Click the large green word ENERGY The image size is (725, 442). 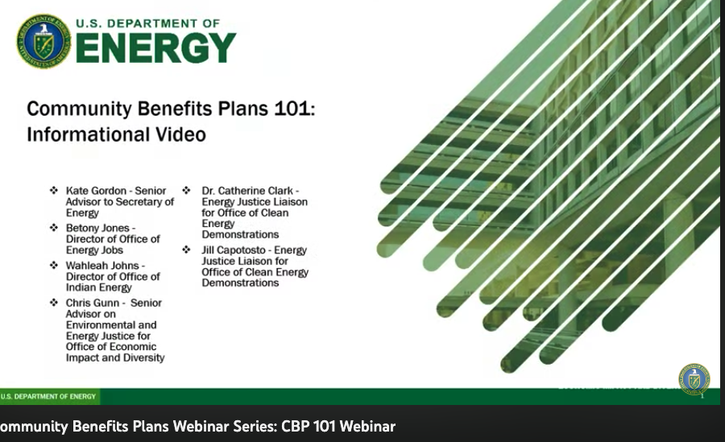tap(156, 49)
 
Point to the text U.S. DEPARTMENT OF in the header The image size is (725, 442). tap(148, 23)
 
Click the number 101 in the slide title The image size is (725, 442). tap(288, 109)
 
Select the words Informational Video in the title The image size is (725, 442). tap(116, 134)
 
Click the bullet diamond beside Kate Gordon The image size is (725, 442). tap(54, 191)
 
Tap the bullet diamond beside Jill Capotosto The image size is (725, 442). tap(186, 250)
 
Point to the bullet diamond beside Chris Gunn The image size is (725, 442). tap(54, 303)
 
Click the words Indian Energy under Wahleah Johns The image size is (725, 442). tap(98, 287)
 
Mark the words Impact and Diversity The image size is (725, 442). tap(115, 357)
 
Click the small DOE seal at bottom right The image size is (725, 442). tap(694, 379)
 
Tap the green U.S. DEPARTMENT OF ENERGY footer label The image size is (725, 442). tap(48, 396)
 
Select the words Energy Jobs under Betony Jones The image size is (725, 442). tap(93, 250)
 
